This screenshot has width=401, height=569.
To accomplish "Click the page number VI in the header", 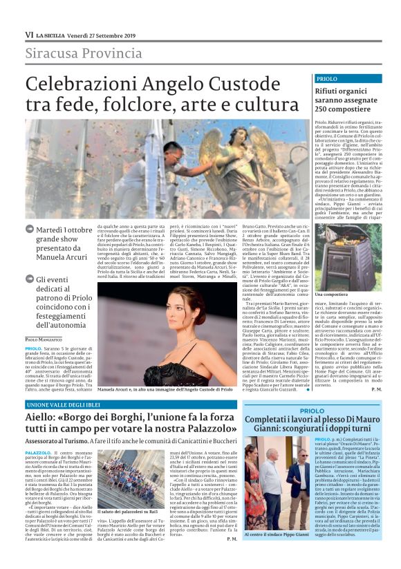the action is coord(28,34).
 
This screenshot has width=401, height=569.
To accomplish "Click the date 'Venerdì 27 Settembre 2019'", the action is coord(93,34).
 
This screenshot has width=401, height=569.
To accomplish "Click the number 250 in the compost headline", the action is coord(324,110).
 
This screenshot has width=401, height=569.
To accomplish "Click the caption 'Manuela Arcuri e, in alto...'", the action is coord(155,390).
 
